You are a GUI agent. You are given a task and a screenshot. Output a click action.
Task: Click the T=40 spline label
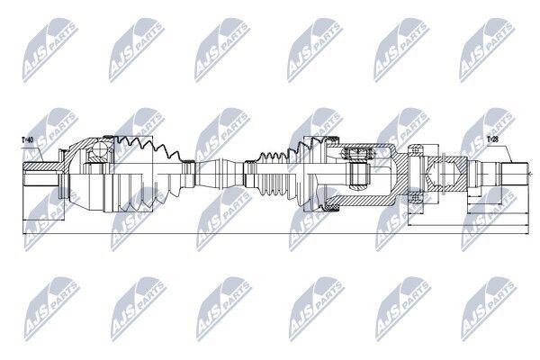[27, 139]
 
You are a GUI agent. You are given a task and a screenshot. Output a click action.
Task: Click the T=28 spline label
[493, 139]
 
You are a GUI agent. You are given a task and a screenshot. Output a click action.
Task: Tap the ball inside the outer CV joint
[100, 149]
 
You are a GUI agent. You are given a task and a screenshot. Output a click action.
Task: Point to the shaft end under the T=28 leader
[515, 175]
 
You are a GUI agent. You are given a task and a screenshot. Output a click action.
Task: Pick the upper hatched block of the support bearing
[415, 150]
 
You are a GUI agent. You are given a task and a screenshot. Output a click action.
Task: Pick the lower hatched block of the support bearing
[415, 198]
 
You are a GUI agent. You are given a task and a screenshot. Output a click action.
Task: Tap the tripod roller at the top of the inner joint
[358, 154]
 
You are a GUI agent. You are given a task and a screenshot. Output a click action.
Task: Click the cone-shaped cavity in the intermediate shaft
[443, 175]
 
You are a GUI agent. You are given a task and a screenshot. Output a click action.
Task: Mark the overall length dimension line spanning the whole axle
[275, 234]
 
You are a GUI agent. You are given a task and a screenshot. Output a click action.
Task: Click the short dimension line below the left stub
[43, 220]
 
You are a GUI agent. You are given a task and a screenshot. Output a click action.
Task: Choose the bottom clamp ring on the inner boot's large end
[331, 208]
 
